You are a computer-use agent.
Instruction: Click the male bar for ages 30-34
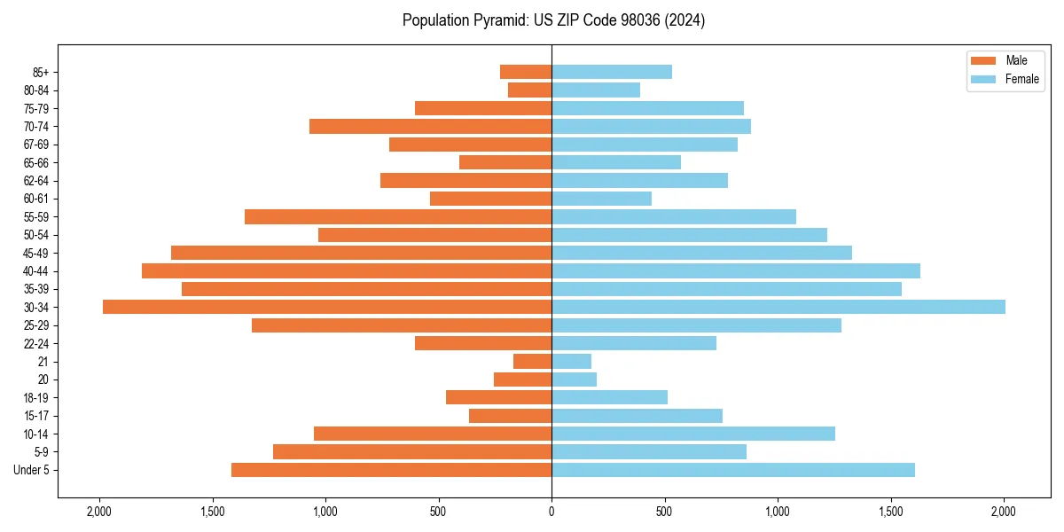pyautogui.click(x=327, y=307)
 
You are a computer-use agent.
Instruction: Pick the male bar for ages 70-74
pyautogui.click(x=430, y=127)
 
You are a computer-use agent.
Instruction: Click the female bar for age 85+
pyautogui.click(x=612, y=72)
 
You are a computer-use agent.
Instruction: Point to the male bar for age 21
pyautogui.click(x=532, y=362)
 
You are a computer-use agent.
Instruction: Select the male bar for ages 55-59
pyautogui.click(x=398, y=217)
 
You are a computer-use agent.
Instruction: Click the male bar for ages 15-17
pyautogui.click(x=510, y=416)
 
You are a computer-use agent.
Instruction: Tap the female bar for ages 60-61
pyautogui.click(x=601, y=199)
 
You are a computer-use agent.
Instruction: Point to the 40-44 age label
pyautogui.click(x=36, y=271)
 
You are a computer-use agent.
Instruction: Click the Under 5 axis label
pyautogui.click(x=32, y=470)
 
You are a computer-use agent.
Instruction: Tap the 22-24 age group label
pyautogui.click(x=36, y=344)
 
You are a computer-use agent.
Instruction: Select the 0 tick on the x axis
pyautogui.click(x=552, y=512)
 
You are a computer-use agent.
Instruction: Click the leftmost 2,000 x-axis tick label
pyautogui.click(x=99, y=512)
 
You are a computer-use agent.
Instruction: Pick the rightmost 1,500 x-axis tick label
pyautogui.click(x=891, y=512)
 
